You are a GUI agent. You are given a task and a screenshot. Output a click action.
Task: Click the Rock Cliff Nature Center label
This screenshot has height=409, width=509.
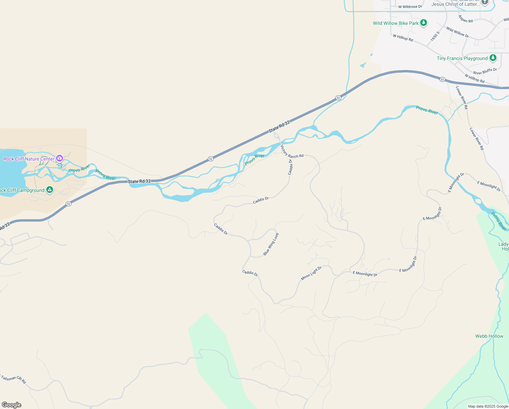tap(29, 159)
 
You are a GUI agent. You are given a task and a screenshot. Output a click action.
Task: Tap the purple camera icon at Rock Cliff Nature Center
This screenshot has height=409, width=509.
tap(60, 158)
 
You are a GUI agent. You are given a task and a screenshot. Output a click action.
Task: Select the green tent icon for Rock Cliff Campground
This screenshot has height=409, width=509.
tap(50, 190)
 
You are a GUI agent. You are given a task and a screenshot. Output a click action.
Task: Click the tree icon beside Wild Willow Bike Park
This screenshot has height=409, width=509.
tap(424, 23)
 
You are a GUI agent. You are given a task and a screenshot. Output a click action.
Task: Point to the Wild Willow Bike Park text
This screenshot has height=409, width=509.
tap(396, 23)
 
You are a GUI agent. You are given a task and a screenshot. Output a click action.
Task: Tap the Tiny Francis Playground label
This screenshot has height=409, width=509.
tap(462, 58)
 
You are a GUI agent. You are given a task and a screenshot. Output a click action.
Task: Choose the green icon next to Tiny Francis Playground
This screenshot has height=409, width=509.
tap(493, 58)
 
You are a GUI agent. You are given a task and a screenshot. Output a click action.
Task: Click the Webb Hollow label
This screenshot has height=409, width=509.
tap(489, 336)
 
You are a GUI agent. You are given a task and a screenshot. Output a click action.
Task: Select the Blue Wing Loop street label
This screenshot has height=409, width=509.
tap(271, 244)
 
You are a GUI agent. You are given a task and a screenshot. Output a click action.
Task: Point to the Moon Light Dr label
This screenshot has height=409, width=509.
tap(311, 273)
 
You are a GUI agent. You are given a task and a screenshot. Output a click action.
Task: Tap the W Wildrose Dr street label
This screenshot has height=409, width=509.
tap(410, 6)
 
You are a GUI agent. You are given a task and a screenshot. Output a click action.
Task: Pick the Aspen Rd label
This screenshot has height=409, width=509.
tap(465, 19)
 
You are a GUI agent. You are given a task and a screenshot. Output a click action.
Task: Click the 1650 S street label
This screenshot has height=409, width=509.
tap(435, 36)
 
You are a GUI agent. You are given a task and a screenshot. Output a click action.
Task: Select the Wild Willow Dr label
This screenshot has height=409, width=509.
tap(457, 32)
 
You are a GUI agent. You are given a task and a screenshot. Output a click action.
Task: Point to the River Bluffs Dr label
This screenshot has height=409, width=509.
tap(485, 71)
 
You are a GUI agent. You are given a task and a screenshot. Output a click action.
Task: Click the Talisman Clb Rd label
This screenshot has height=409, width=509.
tap(13, 379)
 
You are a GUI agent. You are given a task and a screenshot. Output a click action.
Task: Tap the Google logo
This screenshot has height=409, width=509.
tap(11, 405)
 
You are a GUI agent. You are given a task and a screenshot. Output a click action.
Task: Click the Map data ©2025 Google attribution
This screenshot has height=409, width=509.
tap(488, 406)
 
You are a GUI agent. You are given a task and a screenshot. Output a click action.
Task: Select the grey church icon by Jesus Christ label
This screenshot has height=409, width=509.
tap(485, 2)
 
